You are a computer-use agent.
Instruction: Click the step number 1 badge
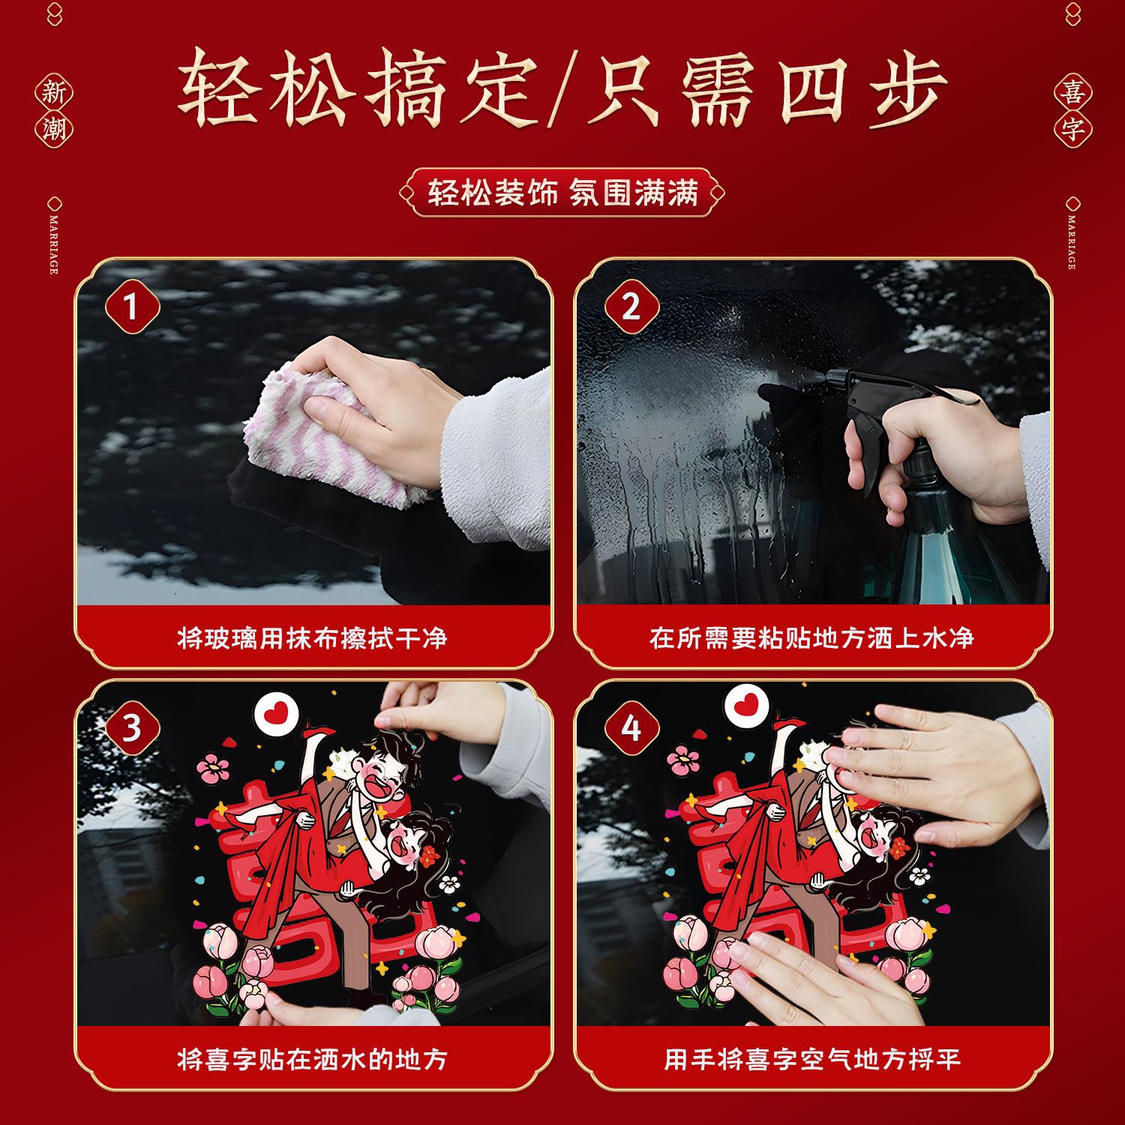tap(132, 306)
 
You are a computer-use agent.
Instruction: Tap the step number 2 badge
tap(631, 306)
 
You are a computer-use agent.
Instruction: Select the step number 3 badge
tap(132, 727)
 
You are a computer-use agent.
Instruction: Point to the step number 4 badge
tap(631, 727)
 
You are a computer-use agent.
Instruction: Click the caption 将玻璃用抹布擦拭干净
tap(313, 637)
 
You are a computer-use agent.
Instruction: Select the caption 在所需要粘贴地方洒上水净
tap(812, 637)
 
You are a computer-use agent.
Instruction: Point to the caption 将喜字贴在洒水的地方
tap(313, 1059)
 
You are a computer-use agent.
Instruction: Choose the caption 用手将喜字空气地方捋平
tap(812, 1059)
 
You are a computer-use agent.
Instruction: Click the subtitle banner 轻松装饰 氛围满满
tap(562, 193)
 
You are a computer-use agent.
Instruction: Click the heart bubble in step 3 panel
tap(277, 712)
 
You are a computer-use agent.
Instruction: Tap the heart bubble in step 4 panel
tap(747, 705)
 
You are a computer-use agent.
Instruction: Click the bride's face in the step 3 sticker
tap(409, 844)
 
